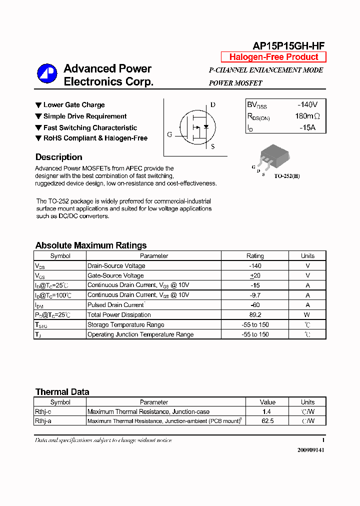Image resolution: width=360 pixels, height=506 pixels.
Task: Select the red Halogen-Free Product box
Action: point(273,57)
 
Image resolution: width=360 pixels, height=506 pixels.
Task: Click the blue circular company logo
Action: point(47,74)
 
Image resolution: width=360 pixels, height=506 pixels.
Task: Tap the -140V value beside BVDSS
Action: point(307,105)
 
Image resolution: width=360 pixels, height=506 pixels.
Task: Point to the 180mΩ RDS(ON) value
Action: point(307,116)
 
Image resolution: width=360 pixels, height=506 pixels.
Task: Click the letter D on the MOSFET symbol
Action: point(213,105)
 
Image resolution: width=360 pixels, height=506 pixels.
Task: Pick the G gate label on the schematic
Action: point(169,134)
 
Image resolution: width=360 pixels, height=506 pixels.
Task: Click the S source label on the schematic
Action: point(212,146)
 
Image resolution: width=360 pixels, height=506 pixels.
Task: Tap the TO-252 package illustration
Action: point(273,155)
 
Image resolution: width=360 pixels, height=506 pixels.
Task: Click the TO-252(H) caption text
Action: point(286,176)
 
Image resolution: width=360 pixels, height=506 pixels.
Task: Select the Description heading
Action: point(58,157)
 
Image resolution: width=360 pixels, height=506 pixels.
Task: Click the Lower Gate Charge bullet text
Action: point(74,105)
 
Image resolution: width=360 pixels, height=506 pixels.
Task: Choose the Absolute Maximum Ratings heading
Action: point(91,245)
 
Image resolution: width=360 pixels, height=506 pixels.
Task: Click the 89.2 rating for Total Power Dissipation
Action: point(255,315)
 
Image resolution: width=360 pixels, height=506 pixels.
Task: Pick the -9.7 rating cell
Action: point(255,295)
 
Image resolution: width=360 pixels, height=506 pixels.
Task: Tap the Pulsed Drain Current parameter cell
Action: point(116,305)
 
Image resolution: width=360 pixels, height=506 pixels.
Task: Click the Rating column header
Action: point(255,256)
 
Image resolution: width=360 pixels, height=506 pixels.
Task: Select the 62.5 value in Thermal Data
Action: point(267,421)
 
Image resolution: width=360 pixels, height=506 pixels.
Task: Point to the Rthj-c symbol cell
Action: point(43,411)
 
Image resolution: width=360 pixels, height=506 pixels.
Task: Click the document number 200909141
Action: point(311,450)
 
